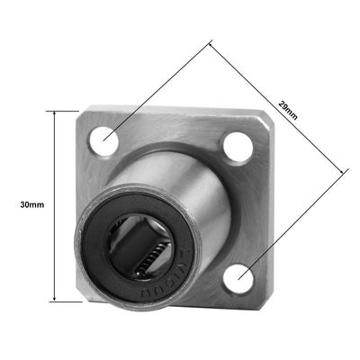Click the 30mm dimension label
[x=31, y=205]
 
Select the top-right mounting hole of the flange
[x=238, y=148]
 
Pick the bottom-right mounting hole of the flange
[x=237, y=279]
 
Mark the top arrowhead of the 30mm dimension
[x=56, y=112]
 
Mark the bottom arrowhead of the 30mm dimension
[x=56, y=300]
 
